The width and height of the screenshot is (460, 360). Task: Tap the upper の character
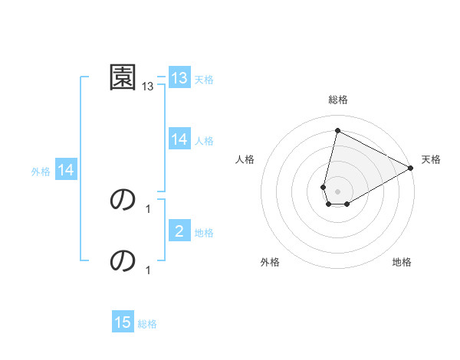(x=123, y=199)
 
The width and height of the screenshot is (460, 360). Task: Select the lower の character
(x=123, y=260)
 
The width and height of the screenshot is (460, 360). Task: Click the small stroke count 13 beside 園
(x=148, y=87)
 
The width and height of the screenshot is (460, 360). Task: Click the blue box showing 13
(x=179, y=78)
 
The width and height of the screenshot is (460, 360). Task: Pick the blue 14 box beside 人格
(x=179, y=139)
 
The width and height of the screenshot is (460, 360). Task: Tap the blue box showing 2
(x=179, y=231)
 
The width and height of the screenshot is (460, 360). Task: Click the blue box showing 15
(x=123, y=322)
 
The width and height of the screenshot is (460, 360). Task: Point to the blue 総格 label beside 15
(x=147, y=324)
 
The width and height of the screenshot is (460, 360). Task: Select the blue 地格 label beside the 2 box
(x=204, y=233)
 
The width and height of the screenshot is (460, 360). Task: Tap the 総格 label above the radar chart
(x=338, y=100)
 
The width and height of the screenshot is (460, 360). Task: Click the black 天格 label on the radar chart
(x=432, y=159)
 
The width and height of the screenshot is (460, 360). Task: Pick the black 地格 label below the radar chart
(x=402, y=262)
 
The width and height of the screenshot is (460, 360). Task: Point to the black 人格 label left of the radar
(x=245, y=159)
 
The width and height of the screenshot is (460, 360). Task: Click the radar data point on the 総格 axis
(x=337, y=130)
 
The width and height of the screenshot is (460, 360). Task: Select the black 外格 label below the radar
(x=270, y=262)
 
